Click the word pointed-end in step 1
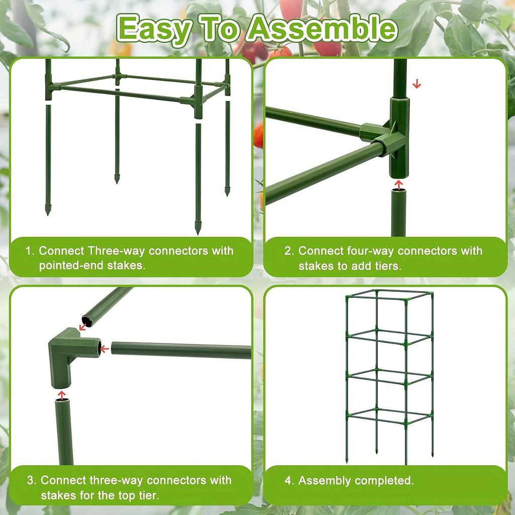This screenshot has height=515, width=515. point(71,266)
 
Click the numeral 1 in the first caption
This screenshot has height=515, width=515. point(29,250)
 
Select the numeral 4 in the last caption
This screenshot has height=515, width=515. point(288,480)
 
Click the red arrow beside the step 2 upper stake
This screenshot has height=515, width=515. point(416,84)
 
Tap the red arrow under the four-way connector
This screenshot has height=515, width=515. point(398,185)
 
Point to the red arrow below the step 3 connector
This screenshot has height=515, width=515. point(61,395)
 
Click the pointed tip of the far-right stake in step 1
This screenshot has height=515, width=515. point(227,193)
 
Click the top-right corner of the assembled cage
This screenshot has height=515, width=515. point(432,293)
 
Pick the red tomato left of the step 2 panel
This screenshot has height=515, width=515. point(259,135)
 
